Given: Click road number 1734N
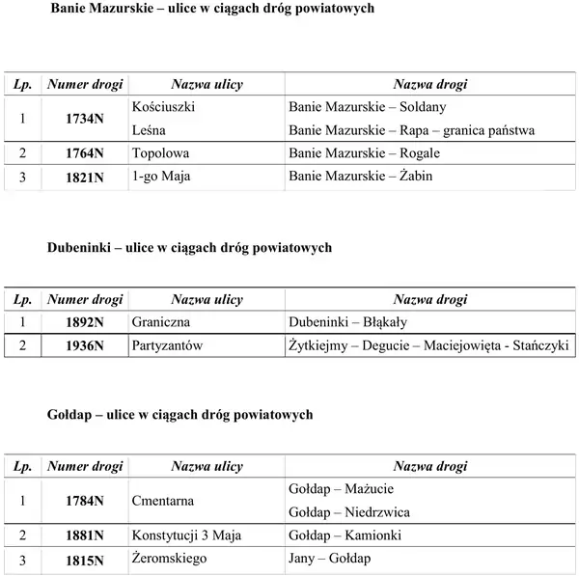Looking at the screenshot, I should point(85,120).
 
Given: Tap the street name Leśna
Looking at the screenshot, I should point(148,130).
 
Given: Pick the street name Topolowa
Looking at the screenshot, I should point(159,152).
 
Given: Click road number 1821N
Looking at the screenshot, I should point(85,177).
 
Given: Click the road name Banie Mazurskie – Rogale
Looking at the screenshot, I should point(364,152).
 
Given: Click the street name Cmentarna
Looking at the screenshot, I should point(162,501).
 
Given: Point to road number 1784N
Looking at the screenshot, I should point(85,502).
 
